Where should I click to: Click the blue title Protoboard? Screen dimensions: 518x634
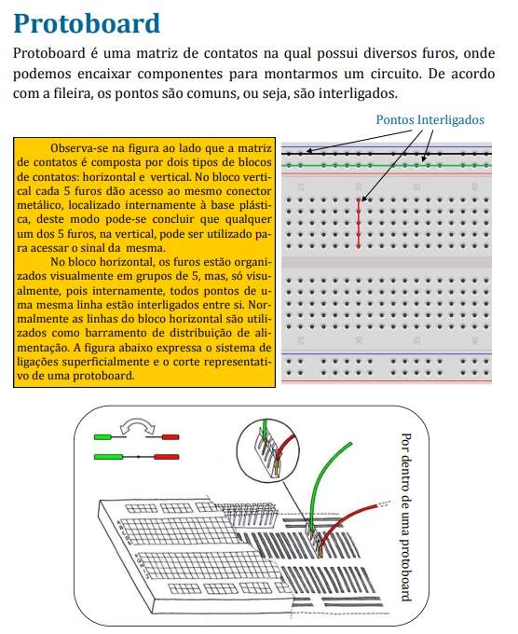tap(87, 23)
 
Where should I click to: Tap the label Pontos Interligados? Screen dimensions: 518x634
tap(429, 119)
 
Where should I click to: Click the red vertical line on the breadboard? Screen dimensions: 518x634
tap(359, 223)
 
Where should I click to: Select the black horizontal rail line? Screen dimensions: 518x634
tap(387, 154)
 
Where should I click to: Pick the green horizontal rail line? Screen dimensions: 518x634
tap(387, 165)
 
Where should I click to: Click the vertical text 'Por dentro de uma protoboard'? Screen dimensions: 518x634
tap(406, 517)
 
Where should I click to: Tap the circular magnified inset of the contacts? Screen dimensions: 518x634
tap(268, 449)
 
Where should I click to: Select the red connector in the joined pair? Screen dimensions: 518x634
tap(166, 457)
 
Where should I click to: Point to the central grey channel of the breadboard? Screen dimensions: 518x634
tap(387, 262)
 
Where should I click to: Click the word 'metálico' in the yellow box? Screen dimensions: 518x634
tap(40, 205)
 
